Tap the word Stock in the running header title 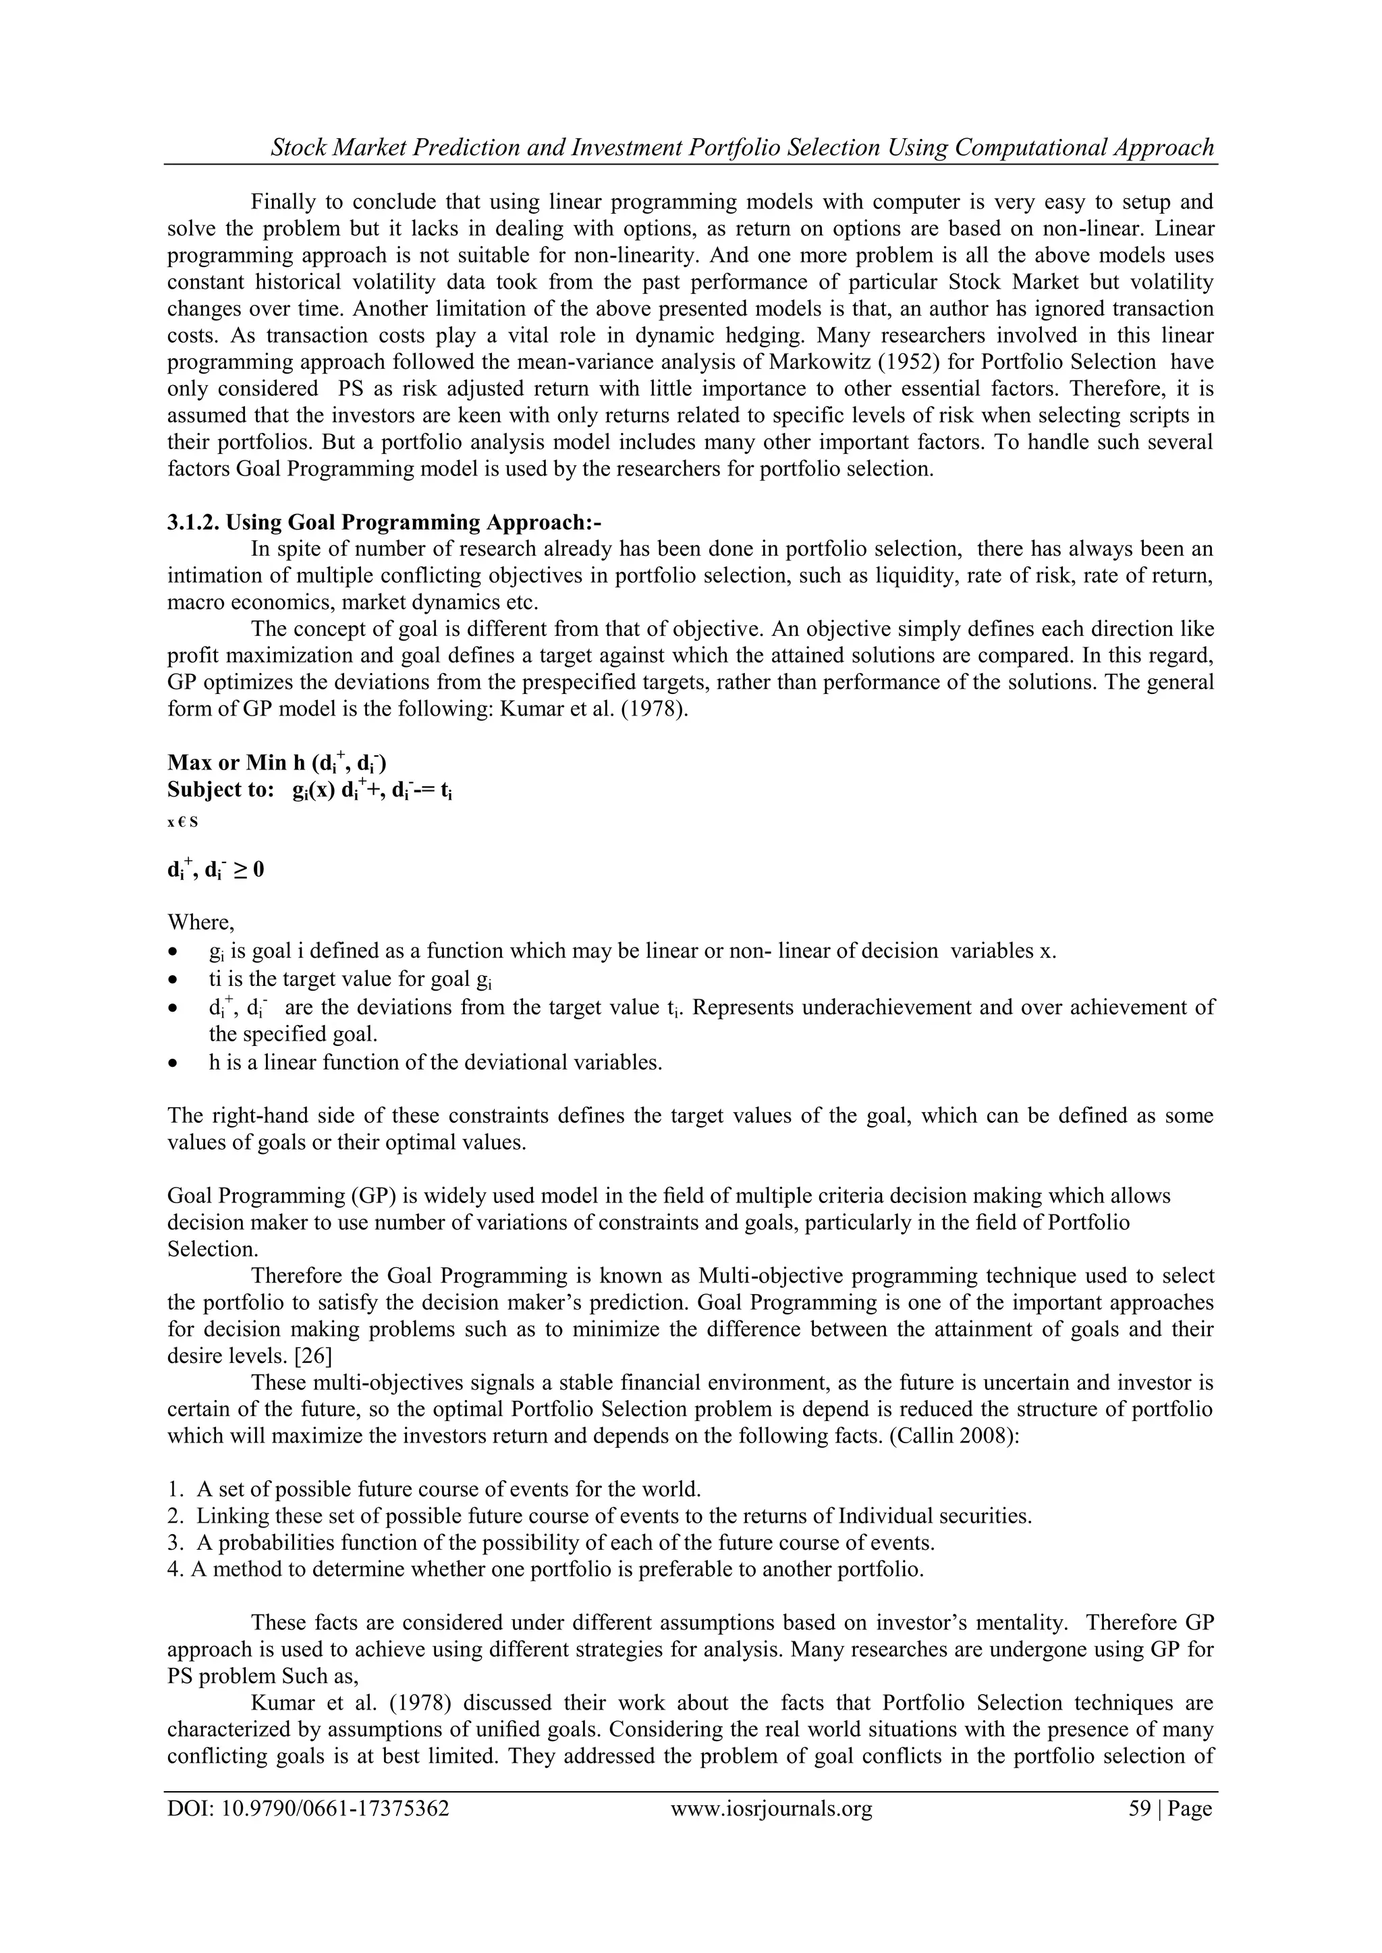click(x=299, y=148)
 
